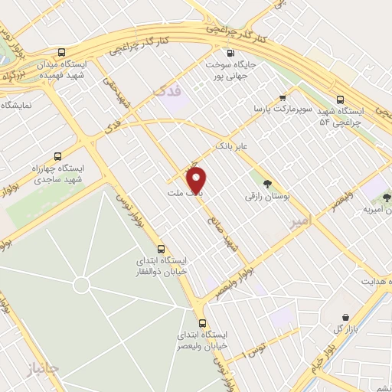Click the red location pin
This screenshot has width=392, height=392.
(198, 181)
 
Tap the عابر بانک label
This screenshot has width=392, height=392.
(234, 144)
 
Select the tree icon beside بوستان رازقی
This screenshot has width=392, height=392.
(266, 183)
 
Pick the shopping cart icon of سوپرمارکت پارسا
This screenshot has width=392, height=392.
(283, 97)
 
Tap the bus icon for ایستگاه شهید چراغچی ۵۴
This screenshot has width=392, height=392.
(341, 99)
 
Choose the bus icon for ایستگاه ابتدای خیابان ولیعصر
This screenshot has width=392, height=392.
(202, 323)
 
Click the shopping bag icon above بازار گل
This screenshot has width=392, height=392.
(346, 317)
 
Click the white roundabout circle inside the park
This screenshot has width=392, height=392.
(82, 286)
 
